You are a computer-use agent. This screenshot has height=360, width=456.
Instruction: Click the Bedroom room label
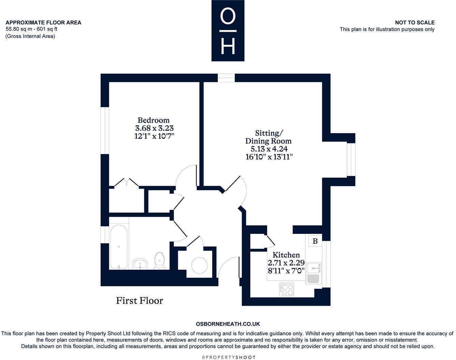[153, 120]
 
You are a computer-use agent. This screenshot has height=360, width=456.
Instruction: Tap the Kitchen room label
[286, 255]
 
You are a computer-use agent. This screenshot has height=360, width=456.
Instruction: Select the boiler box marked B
[315, 241]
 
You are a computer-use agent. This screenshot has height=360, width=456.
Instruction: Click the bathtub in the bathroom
[119, 247]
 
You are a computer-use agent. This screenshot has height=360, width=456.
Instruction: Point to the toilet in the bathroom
[159, 261]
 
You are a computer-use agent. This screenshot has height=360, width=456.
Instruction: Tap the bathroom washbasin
[140, 264]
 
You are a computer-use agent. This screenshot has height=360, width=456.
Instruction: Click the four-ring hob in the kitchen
[287, 290]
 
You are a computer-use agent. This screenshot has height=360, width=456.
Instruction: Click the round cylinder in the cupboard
[200, 265]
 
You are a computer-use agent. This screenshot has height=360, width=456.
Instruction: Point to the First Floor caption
[139, 301]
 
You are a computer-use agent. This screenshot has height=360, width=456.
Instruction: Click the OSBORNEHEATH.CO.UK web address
[228, 324]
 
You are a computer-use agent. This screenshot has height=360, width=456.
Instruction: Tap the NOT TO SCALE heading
[415, 22]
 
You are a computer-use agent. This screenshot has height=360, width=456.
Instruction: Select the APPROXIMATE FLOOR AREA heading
[43, 22]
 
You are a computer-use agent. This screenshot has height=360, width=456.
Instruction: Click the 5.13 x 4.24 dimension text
[269, 149]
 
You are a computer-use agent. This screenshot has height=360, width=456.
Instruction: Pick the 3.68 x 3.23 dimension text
[154, 128]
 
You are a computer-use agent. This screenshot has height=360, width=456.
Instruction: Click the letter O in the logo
[228, 17]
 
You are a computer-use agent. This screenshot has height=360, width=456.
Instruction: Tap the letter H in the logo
[228, 46]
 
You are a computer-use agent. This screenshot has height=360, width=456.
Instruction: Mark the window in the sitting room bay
[351, 160]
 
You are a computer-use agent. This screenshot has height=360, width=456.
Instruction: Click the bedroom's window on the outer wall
[105, 131]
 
